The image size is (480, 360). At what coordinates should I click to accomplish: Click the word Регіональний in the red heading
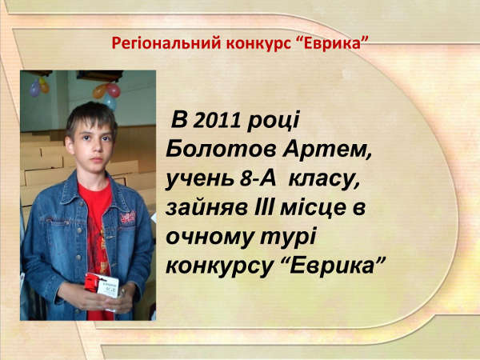click(166, 43)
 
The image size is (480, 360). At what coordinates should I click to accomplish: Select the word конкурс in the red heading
click(258, 44)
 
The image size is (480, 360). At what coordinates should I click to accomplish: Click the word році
click(273, 122)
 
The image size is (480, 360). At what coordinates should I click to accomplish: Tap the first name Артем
click(326, 150)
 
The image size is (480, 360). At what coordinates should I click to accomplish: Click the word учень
click(200, 179)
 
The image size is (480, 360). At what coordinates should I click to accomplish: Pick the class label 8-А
click(258, 178)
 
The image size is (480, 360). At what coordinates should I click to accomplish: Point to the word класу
click(324, 180)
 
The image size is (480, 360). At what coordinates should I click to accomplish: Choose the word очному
click(210, 238)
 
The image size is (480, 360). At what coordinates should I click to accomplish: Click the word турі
click(288, 238)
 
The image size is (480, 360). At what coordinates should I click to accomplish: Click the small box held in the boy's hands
click(102, 286)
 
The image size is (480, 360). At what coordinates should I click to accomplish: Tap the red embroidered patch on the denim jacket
click(128, 218)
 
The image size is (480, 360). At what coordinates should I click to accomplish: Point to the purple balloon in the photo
click(35, 88)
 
